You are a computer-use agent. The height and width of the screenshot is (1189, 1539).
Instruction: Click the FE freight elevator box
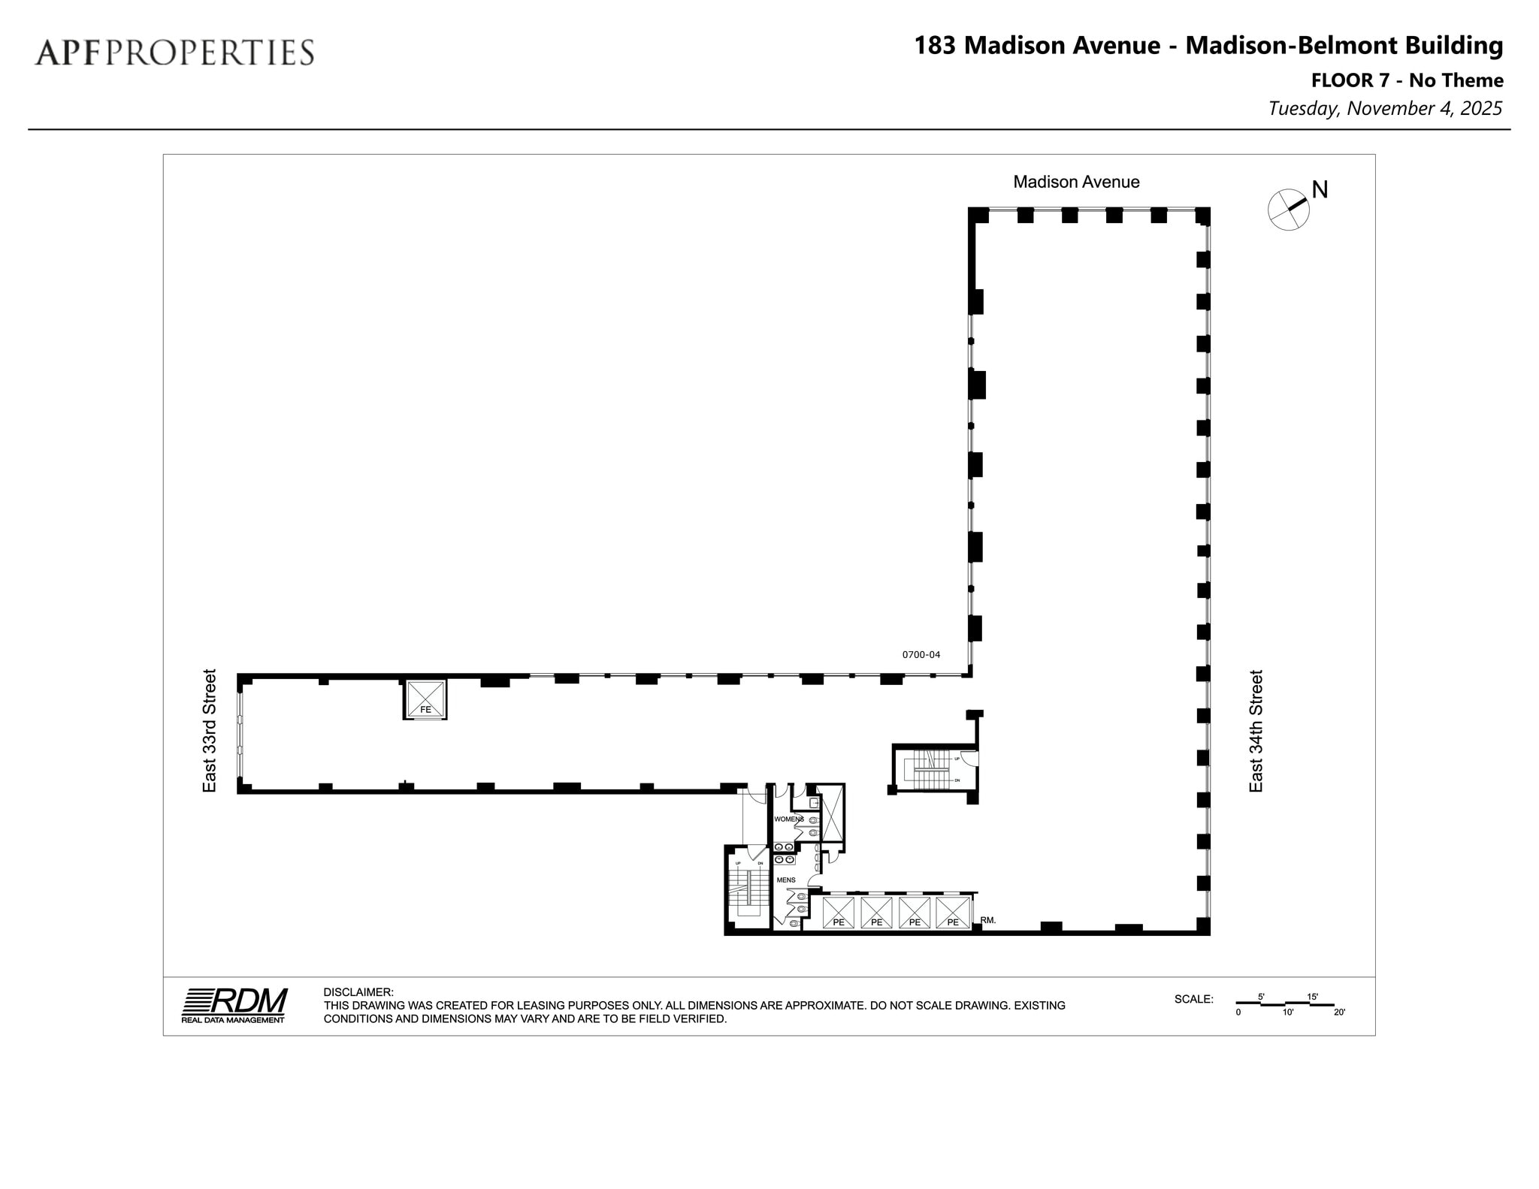(425, 699)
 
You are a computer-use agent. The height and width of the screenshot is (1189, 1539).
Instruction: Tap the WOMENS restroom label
(789, 819)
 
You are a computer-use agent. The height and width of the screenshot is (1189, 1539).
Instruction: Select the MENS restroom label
(786, 880)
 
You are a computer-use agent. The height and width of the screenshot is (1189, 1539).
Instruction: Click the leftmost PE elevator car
(839, 913)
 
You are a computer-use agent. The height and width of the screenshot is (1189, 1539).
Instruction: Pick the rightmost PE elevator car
(953, 913)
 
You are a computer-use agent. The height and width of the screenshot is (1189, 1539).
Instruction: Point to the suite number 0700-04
(921, 654)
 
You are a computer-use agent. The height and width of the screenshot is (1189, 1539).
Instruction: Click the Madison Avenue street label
(1076, 182)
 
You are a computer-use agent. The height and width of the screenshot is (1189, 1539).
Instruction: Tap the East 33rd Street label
(210, 730)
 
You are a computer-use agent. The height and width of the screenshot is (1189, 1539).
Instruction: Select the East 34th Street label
(1256, 731)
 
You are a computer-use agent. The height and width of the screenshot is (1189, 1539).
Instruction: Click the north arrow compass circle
(1288, 210)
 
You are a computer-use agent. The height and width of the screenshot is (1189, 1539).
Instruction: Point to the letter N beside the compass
(1320, 190)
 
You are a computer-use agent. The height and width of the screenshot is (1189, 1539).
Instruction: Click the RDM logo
(234, 1004)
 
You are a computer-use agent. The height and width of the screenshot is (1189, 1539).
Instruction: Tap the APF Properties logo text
(174, 53)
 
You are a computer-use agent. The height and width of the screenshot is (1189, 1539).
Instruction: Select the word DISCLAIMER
(358, 992)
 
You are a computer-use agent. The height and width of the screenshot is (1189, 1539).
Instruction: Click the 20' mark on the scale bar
(1339, 1012)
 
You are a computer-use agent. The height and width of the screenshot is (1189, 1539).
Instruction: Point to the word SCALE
(1194, 999)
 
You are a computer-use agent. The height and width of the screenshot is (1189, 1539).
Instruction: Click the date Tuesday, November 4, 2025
(1385, 108)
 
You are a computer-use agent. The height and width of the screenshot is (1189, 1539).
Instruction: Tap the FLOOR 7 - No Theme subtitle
(1407, 80)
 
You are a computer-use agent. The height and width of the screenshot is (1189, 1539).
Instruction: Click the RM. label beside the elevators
(988, 919)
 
